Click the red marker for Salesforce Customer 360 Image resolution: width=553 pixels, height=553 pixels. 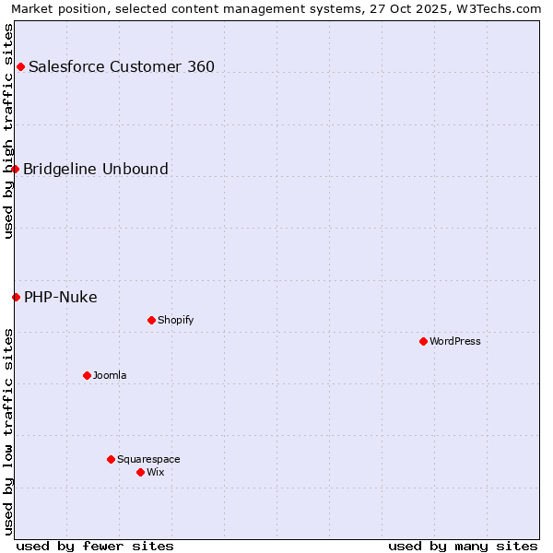(x=20, y=66)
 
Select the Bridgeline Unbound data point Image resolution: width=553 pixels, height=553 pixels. (x=16, y=169)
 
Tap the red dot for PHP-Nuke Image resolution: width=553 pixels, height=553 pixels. (x=17, y=297)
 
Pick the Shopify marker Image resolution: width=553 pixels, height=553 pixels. (x=151, y=321)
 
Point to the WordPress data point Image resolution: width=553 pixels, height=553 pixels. (x=423, y=342)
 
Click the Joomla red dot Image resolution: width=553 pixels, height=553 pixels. (x=87, y=375)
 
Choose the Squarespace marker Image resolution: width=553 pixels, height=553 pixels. (x=111, y=459)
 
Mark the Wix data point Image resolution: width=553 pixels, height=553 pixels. (x=140, y=472)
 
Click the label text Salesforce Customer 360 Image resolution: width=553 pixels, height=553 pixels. (x=122, y=66)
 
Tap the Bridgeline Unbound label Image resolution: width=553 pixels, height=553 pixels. (x=96, y=169)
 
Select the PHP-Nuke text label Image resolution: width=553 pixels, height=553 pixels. (x=61, y=297)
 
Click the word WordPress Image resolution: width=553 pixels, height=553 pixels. (x=455, y=342)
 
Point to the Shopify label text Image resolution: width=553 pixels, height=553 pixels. (x=176, y=321)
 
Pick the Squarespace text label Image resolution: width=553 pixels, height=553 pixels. (x=148, y=459)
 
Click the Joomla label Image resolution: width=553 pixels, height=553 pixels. (x=110, y=375)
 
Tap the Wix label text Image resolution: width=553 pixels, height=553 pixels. (x=156, y=472)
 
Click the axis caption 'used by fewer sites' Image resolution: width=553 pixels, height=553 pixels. (x=95, y=546)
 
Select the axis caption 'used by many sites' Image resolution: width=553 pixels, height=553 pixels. (x=463, y=546)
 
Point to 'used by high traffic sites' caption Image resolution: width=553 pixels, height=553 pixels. (x=9, y=131)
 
